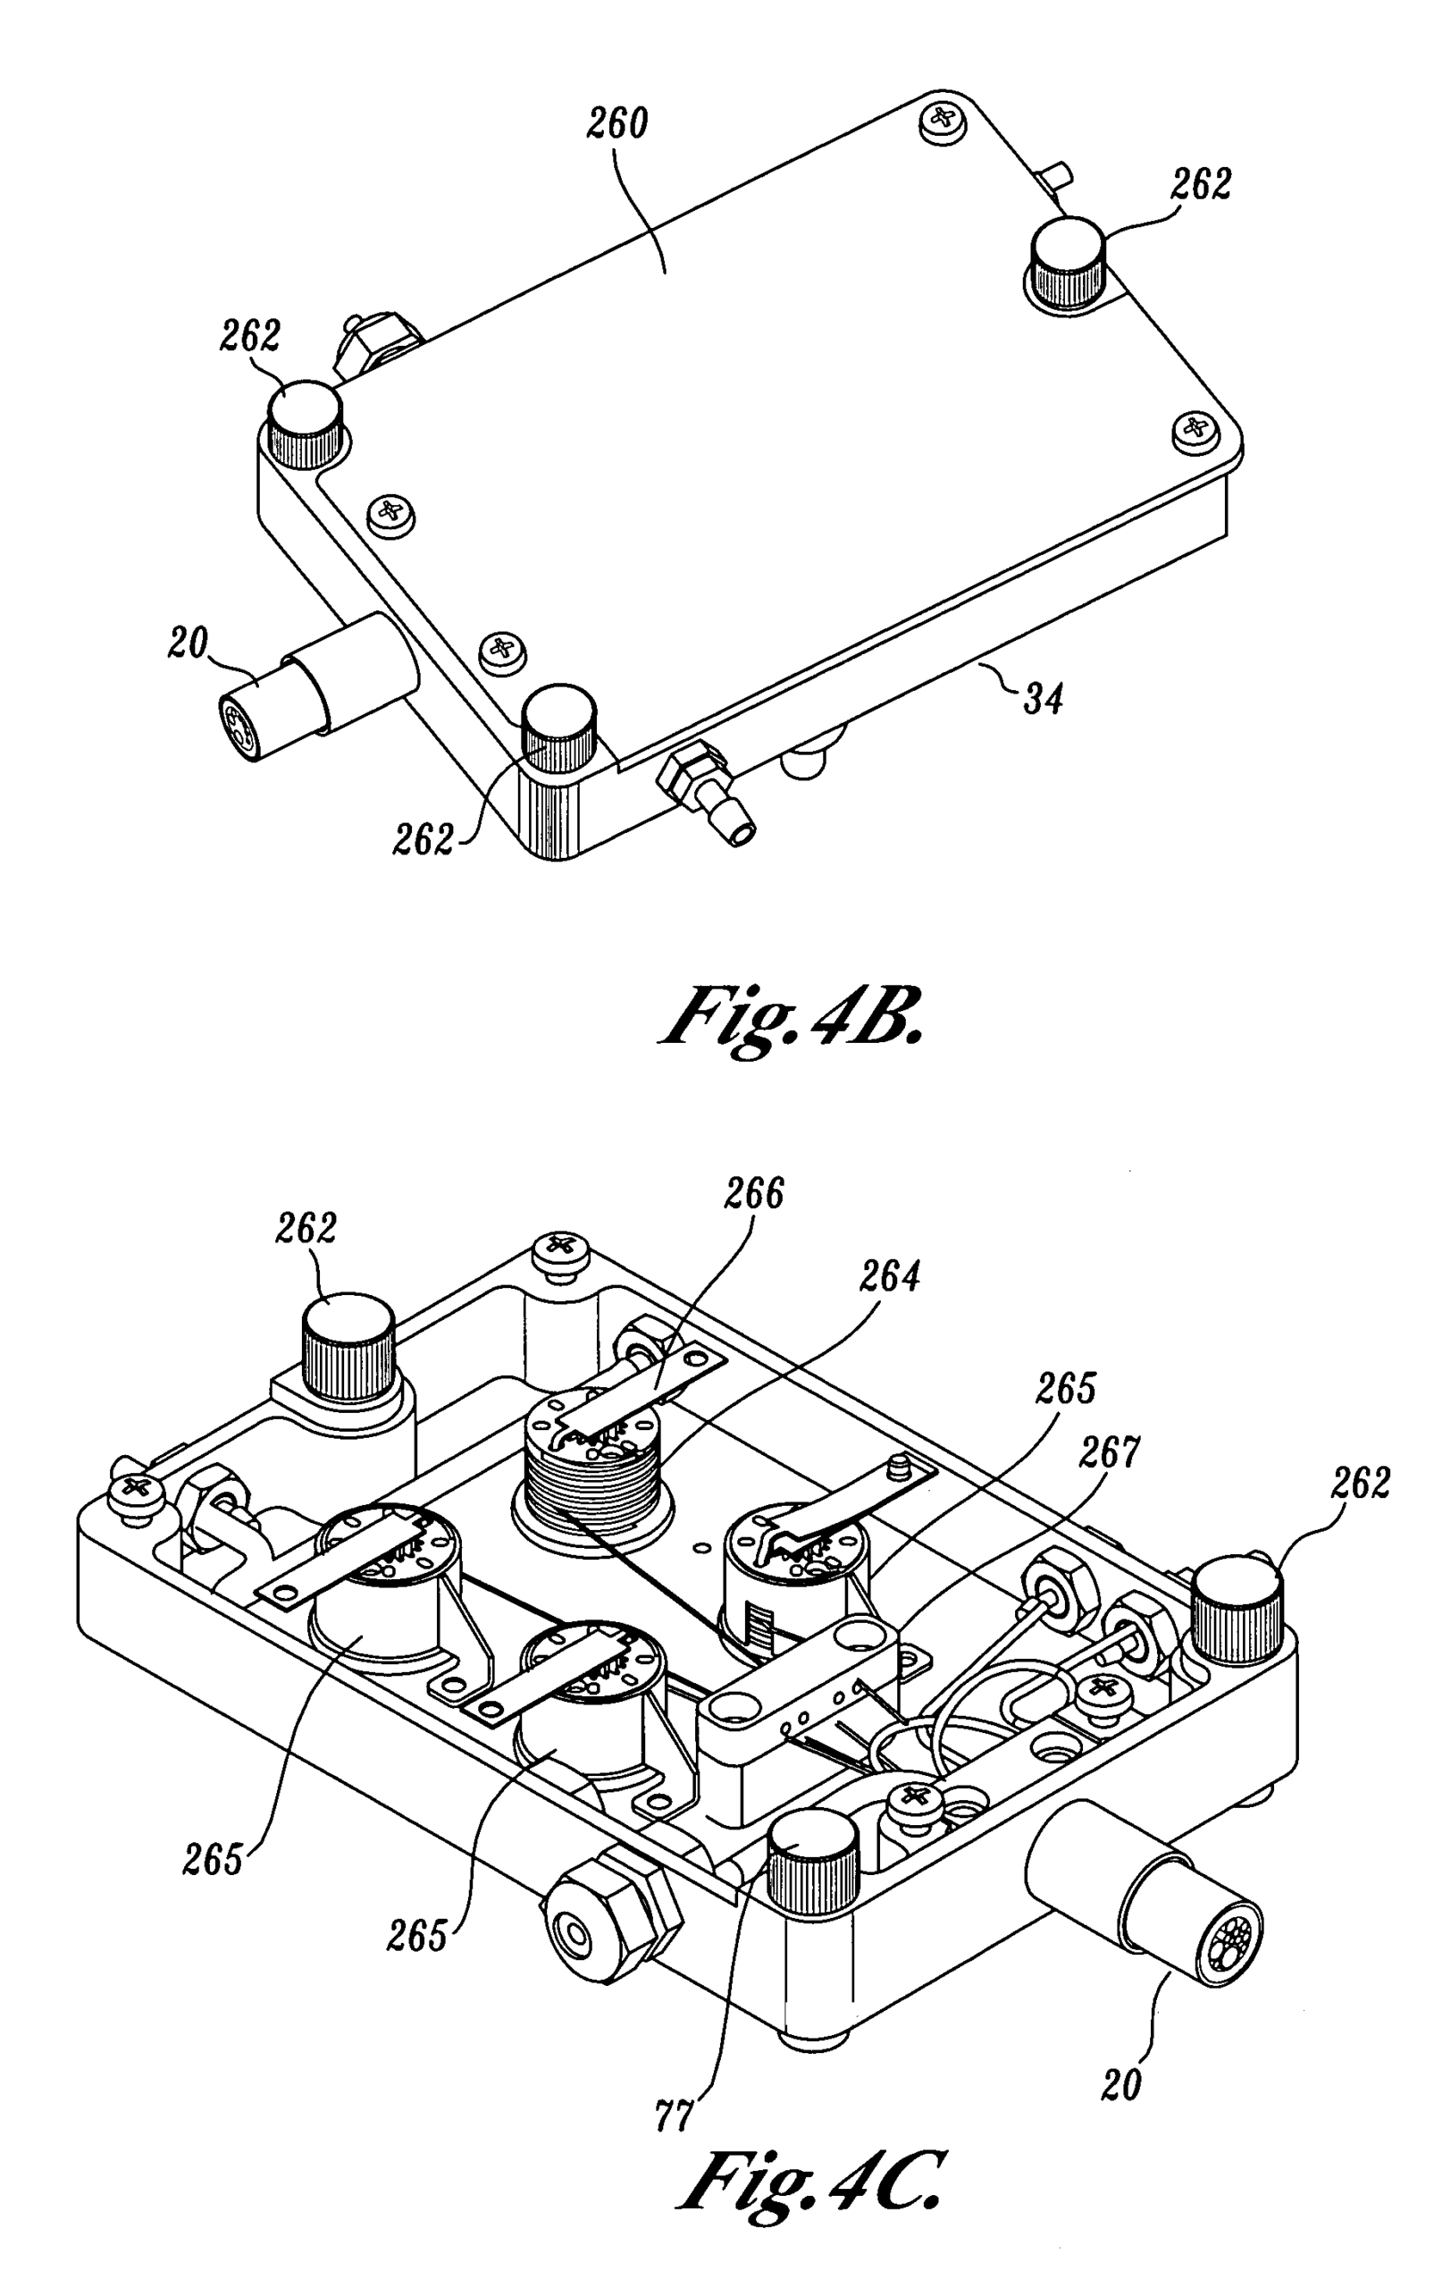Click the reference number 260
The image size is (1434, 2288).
[x=617, y=124]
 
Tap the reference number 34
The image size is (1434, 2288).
[x=1044, y=699]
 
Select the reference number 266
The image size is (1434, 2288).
[x=755, y=1194]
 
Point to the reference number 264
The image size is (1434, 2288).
[x=890, y=1278]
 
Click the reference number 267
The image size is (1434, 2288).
[x=1111, y=1451]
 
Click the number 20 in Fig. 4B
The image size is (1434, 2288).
[x=187, y=643]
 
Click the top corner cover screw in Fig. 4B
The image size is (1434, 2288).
[x=943, y=120]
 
